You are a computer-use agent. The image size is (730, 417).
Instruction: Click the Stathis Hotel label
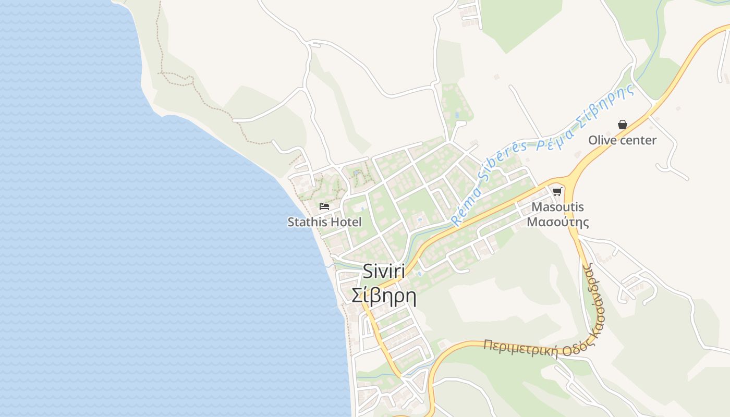pyautogui.click(x=324, y=222)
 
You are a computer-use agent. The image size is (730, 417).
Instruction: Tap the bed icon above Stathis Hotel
pyautogui.click(x=324, y=206)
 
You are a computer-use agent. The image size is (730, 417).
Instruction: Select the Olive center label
pyautogui.click(x=622, y=140)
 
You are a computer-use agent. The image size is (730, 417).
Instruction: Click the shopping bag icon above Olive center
pyautogui.click(x=622, y=125)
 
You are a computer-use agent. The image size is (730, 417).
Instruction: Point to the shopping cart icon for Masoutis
pyautogui.click(x=557, y=191)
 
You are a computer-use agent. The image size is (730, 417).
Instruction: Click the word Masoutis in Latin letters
pyautogui.click(x=557, y=207)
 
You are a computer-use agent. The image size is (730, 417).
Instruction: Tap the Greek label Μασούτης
pyautogui.click(x=557, y=222)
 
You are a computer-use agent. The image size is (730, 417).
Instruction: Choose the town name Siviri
pyautogui.click(x=384, y=271)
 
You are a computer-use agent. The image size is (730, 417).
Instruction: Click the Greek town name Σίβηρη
pyautogui.click(x=384, y=296)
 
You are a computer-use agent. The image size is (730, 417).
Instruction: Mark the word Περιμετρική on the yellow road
pyautogui.click(x=520, y=349)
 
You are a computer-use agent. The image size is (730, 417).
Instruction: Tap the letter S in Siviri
pyautogui.click(x=368, y=271)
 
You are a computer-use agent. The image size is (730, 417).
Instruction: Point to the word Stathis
pyautogui.click(x=307, y=222)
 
